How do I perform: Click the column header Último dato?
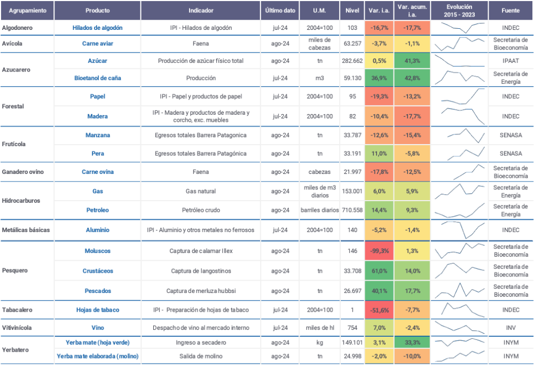point(280,11)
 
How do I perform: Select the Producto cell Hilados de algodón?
point(97,28)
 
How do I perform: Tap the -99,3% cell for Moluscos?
point(379,251)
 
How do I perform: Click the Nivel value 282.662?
point(352,61)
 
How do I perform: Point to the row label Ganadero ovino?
point(23,172)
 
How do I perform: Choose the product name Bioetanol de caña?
point(97,78)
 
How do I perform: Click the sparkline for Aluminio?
point(459,230)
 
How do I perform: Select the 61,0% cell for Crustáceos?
point(379,271)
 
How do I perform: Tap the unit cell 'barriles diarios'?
point(319,210)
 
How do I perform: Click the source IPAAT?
point(511,61)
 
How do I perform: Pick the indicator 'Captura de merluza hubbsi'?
point(201,291)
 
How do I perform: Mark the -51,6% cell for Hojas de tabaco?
point(379,310)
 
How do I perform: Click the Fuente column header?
point(511,11)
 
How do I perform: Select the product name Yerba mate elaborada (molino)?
point(97,356)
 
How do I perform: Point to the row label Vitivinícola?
point(17,328)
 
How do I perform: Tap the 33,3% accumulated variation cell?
point(412,343)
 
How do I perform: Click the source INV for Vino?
point(511,328)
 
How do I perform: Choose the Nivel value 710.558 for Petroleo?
point(352,210)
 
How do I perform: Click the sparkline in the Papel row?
point(463,96)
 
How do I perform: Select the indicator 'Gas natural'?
point(201,191)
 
